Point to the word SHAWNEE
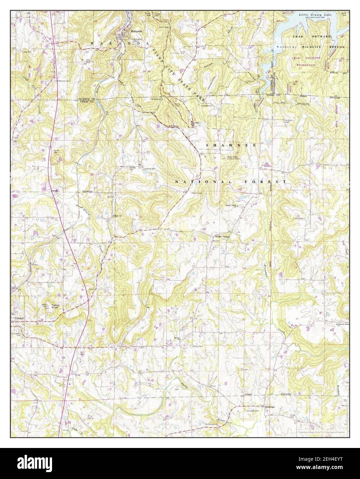point(231,145)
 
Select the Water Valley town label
point(223,237)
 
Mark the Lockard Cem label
point(150,169)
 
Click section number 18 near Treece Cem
point(293,216)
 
